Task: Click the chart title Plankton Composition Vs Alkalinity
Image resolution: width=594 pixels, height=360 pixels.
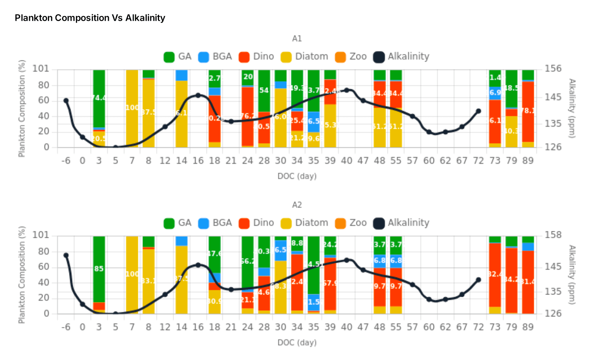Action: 90,18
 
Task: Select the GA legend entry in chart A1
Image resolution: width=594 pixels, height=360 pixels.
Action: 177,57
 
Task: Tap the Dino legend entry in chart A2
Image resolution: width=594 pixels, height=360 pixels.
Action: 256,223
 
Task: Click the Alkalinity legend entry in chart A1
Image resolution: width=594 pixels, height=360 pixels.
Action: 401,57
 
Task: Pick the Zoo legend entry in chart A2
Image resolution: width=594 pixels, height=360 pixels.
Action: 351,223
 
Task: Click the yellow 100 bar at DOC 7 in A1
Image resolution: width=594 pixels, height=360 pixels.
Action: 132,108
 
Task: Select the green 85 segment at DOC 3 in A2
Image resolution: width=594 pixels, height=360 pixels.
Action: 99,269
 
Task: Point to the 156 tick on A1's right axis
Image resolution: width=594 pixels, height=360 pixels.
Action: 553,69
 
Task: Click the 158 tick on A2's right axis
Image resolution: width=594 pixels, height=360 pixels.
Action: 553,235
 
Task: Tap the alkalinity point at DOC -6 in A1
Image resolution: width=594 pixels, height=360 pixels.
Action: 66,101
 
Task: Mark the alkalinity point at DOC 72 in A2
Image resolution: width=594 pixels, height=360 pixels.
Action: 478,280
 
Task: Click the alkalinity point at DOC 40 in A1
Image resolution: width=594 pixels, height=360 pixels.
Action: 346,90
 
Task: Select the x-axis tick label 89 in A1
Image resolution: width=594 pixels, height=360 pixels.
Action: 528,161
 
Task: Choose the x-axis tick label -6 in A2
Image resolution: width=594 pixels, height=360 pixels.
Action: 66,327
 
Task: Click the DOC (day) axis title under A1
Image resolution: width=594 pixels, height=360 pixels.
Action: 297,176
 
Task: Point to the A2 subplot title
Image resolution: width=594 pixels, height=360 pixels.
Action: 297,205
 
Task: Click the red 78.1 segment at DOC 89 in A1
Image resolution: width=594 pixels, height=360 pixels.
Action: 528,111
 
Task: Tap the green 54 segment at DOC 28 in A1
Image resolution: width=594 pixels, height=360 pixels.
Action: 264,91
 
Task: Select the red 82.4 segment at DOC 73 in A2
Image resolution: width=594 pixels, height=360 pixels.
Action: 495,275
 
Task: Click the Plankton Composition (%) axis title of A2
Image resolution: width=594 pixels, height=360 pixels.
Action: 22,275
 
